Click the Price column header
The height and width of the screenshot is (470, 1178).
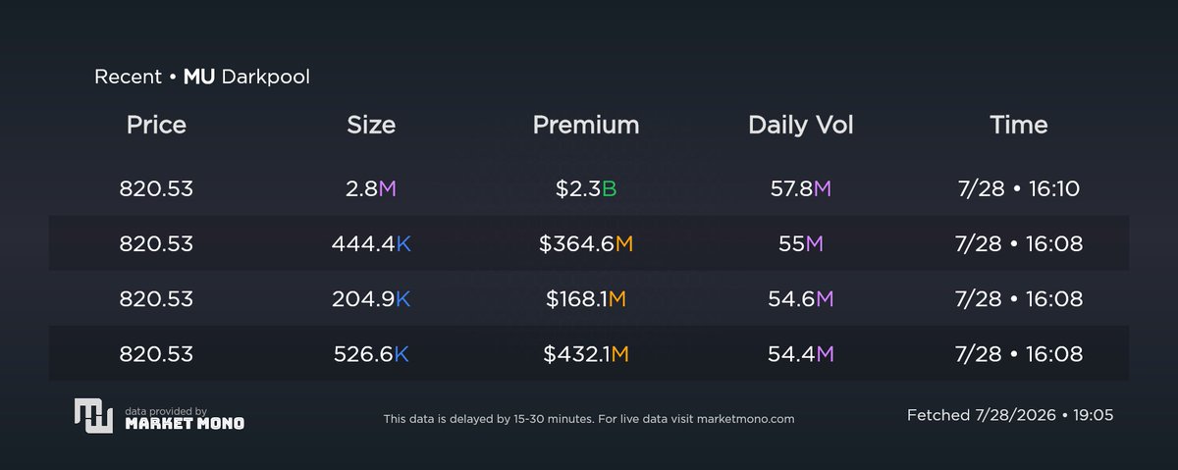[x=156, y=126]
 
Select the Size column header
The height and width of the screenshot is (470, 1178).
[x=371, y=126]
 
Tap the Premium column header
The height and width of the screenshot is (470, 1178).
[x=586, y=126]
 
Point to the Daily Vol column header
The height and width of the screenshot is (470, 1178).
[x=800, y=126]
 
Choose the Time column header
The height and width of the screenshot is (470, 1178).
[x=1019, y=126]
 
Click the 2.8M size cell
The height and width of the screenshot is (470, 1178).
[x=371, y=188]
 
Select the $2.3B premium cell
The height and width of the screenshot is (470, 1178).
[x=586, y=188]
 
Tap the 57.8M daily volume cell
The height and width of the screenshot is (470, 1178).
[x=800, y=188]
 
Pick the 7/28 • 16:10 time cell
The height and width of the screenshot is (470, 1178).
[x=1019, y=188]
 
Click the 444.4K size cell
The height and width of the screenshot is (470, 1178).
[x=371, y=243]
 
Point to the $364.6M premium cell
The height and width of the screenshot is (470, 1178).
[x=586, y=243]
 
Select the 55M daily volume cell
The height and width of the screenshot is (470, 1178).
[x=800, y=243]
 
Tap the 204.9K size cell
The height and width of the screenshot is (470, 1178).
[x=371, y=298]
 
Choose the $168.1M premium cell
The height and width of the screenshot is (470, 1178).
[x=586, y=298]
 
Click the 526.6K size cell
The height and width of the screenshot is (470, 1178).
[x=371, y=354]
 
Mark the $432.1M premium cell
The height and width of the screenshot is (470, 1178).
[x=586, y=354]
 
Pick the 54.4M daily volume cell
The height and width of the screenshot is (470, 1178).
[x=800, y=354]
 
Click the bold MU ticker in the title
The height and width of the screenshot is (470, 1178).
[x=198, y=77]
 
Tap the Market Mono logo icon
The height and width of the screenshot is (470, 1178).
[x=93, y=416]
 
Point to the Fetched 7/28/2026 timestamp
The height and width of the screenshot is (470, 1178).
[x=1010, y=415]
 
